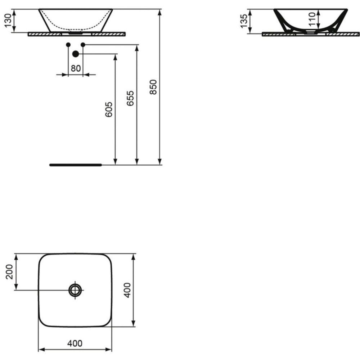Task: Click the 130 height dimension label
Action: (x=8, y=21)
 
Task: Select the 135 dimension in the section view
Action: (x=244, y=21)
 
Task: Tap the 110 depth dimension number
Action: (x=312, y=19)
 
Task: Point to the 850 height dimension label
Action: (x=153, y=87)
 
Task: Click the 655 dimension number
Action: (x=130, y=98)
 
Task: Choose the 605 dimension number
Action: (x=109, y=109)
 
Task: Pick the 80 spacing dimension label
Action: (x=76, y=68)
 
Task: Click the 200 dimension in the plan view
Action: (x=9, y=272)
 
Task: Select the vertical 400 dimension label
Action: (x=127, y=290)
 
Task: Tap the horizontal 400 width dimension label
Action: (x=75, y=343)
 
